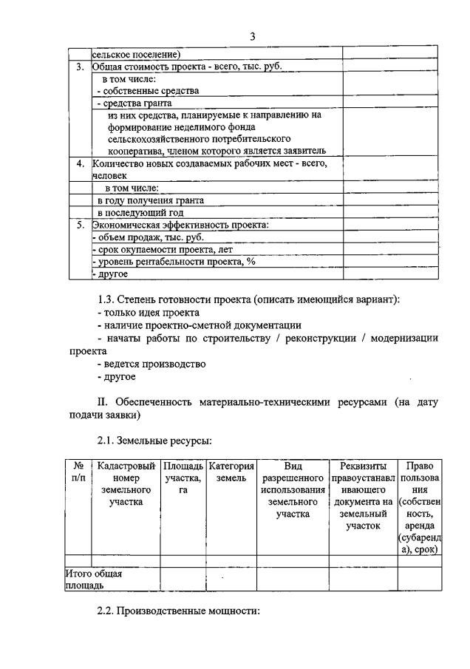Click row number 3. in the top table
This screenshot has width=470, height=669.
(81, 67)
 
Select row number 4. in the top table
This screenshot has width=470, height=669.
(81, 163)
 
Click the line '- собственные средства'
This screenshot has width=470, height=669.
(147, 91)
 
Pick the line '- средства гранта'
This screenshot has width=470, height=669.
(137, 103)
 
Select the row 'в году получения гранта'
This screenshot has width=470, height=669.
(151, 200)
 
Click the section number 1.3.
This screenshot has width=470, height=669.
(108, 299)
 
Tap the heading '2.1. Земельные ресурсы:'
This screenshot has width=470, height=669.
(154, 441)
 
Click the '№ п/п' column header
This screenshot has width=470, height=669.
(78, 472)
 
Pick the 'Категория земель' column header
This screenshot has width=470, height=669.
(231, 472)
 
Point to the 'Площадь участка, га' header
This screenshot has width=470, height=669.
(183, 478)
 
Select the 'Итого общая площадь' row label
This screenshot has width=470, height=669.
(92, 579)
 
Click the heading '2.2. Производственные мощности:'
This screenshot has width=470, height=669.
(177, 614)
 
